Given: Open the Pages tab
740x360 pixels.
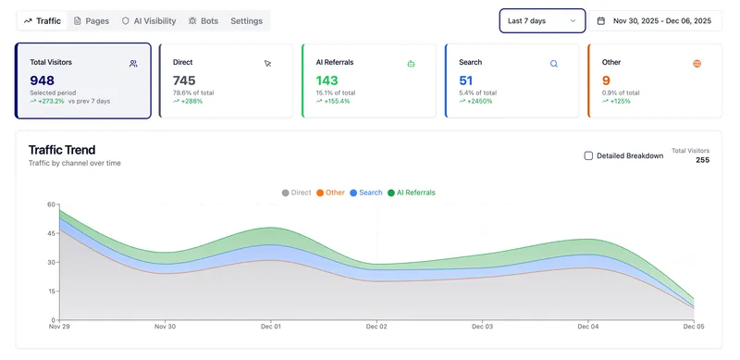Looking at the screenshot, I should [91, 20].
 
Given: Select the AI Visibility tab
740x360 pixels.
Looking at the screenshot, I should [149, 20].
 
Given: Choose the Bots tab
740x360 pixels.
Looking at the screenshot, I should [203, 20].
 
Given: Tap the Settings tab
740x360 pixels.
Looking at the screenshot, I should [246, 20].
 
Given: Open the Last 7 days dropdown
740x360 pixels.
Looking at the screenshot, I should [542, 20].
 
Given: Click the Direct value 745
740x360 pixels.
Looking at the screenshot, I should [184, 81].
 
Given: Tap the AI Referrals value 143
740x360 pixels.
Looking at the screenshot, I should [327, 81].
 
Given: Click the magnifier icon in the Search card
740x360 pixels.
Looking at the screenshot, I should [554, 64].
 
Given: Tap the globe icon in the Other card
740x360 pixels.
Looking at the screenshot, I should [697, 64].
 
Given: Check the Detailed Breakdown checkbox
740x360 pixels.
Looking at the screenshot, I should [588, 155].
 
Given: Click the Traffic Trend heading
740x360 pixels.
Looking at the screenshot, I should [62, 150].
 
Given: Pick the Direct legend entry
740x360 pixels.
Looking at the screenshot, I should [297, 192].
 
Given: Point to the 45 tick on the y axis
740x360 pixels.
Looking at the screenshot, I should [52, 233].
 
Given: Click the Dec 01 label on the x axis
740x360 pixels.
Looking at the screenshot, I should [271, 327].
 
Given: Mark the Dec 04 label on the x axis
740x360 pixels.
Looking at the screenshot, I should [587, 327].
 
